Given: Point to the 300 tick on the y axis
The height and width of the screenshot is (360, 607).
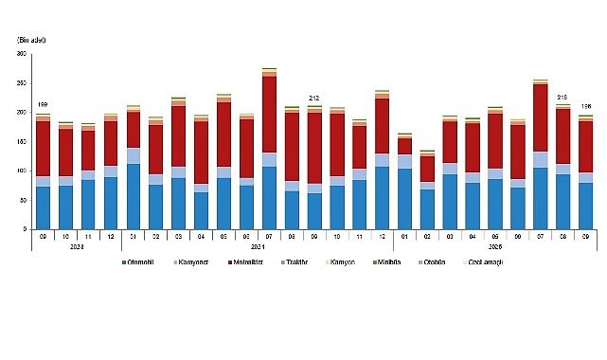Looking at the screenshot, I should (21, 54).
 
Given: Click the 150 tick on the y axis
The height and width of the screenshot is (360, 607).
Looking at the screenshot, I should (21, 142).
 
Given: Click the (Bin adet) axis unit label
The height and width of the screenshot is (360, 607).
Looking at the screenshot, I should (32, 39).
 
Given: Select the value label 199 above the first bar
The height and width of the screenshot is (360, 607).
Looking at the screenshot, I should (43, 104).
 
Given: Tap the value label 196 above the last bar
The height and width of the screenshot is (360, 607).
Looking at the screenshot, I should (586, 106).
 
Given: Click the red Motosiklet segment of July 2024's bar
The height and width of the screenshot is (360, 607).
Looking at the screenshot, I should (269, 114).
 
